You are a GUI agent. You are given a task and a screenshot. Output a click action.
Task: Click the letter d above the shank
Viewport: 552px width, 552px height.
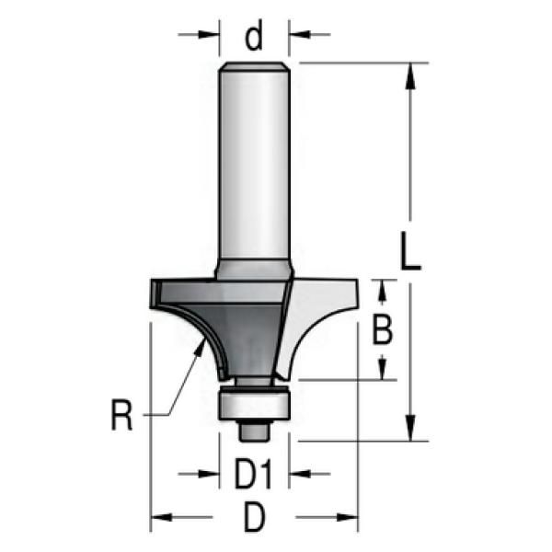[x=254, y=35]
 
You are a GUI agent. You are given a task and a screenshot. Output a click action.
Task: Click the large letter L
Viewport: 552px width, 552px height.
[x=410, y=250]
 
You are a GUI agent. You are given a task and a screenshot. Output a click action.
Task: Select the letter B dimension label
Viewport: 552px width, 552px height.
[x=383, y=329]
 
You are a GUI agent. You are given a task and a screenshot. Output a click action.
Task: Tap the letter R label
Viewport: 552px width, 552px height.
[x=121, y=415]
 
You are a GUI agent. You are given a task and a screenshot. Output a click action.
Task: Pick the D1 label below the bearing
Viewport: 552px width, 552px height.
[x=254, y=475]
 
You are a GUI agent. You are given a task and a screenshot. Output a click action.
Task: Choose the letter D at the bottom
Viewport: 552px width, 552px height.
[x=254, y=517]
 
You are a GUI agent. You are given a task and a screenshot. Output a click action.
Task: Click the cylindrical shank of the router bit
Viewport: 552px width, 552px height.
[x=254, y=166]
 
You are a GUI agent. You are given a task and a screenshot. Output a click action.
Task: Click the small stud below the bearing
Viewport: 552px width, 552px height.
[x=254, y=431]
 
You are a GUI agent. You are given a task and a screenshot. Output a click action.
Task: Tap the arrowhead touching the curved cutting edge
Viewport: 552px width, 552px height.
[x=201, y=347]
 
